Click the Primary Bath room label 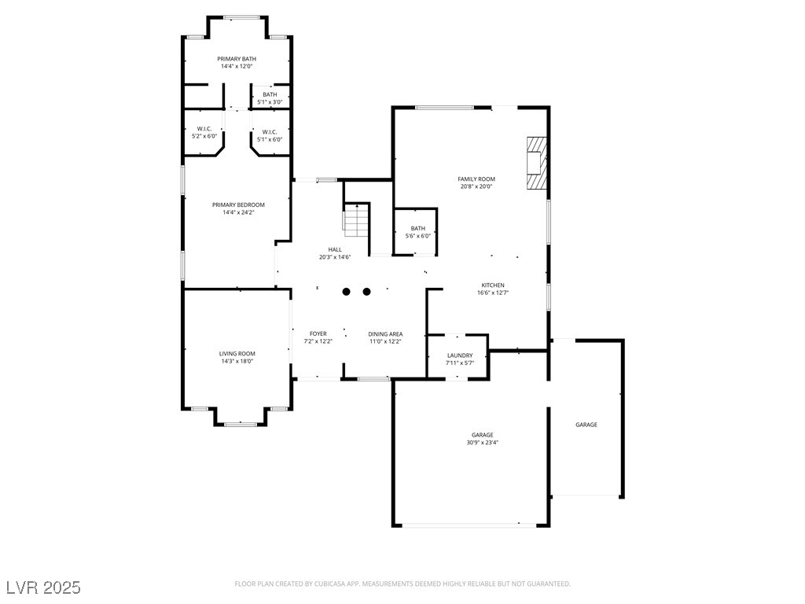(x=237, y=59)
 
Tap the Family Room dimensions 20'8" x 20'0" (x=476, y=186)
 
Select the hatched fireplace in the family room (x=537, y=163)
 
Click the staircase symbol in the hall (x=356, y=220)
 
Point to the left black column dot (x=347, y=292)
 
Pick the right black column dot (x=366, y=292)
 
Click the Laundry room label (x=460, y=355)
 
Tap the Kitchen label (x=493, y=285)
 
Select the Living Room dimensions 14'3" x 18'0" (x=237, y=361)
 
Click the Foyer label (x=318, y=333)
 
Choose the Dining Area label (x=385, y=334)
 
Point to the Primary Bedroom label (x=239, y=205)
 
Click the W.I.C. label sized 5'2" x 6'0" (x=204, y=129)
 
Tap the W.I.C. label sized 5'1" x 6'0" (x=270, y=132)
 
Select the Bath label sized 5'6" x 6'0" (x=418, y=229)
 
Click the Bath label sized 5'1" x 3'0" (x=270, y=94)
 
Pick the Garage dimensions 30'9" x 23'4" (x=483, y=442)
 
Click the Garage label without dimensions (x=586, y=425)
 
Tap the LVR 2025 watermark (x=44, y=587)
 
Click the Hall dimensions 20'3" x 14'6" (x=335, y=257)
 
